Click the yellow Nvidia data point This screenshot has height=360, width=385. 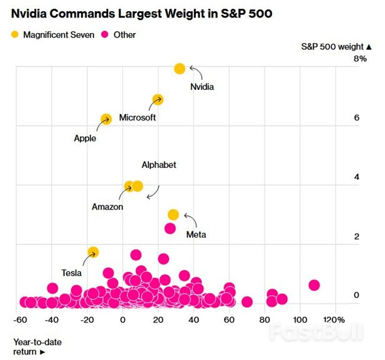tap(180, 69)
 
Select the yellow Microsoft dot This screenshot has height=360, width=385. tap(158, 99)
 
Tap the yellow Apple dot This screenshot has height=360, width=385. tap(106, 119)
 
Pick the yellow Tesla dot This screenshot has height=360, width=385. tap(93, 252)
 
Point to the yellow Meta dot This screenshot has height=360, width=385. tap(173, 215)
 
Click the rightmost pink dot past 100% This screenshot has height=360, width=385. tap(314, 285)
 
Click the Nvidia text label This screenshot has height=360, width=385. tap(202, 87)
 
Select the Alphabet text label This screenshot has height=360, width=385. tap(158, 165)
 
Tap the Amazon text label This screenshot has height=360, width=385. tap(107, 207)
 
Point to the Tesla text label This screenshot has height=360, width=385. tap(71, 273)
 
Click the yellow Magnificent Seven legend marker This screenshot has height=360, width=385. tap(14, 35)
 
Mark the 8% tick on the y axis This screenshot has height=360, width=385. tap(360, 59)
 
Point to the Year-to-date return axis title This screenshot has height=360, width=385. tap(37, 347)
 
